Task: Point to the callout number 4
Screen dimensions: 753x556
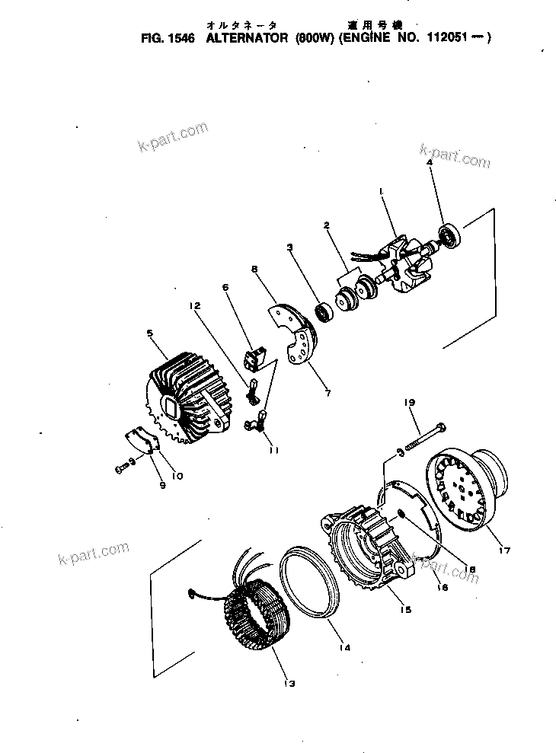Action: pyautogui.click(x=430, y=163)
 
